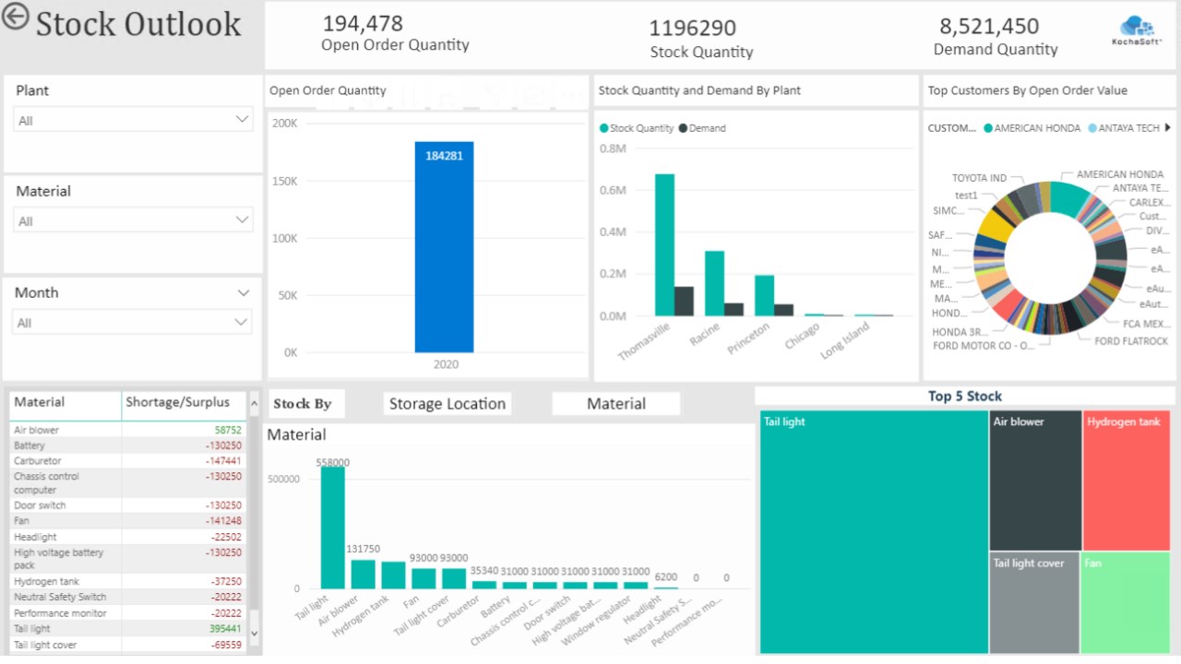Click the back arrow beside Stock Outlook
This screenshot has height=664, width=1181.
15,17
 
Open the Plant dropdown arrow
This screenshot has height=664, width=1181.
243,119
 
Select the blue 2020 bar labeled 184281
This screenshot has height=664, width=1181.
444,247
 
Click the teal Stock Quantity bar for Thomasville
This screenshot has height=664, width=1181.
664,244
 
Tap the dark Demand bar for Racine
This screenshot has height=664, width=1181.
734,309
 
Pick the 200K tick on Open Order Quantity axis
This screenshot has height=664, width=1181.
285,124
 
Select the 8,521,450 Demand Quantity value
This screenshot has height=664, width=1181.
989,27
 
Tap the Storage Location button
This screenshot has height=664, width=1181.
447,404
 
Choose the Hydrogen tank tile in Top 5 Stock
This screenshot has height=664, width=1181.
1126,480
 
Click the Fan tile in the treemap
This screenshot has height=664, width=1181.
1125,602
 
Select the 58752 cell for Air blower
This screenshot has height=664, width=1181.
228,430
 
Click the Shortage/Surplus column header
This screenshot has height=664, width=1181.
177,402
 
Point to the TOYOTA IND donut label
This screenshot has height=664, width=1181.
979,178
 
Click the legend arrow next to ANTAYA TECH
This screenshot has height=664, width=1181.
1168,128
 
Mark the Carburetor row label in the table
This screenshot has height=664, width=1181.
38,461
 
